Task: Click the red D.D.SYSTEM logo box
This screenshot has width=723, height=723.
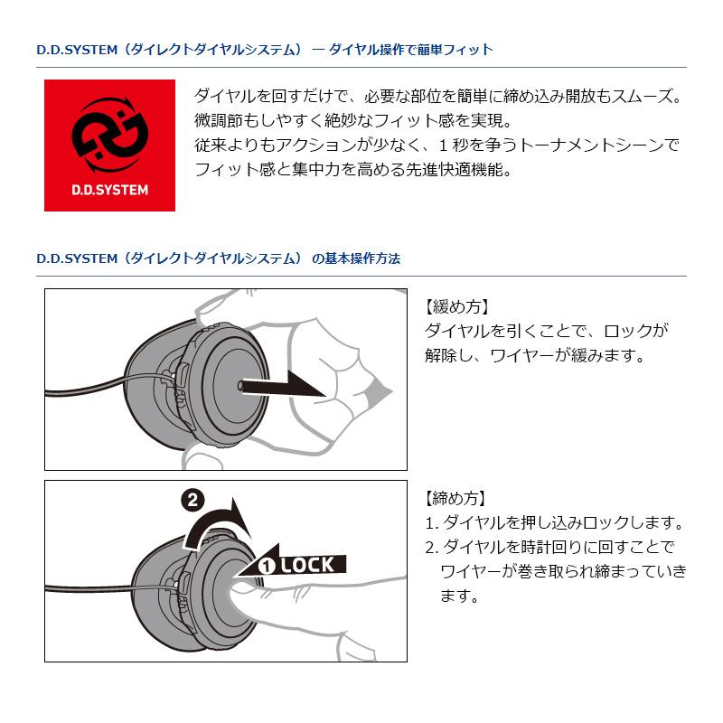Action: [109, 146]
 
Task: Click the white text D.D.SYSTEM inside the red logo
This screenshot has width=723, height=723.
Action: [109, 192]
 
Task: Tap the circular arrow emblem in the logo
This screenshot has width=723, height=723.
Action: [109, 135]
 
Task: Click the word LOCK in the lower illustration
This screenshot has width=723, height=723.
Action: [307, 565]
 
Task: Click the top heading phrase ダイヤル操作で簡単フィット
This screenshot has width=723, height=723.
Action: [410, 49]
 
